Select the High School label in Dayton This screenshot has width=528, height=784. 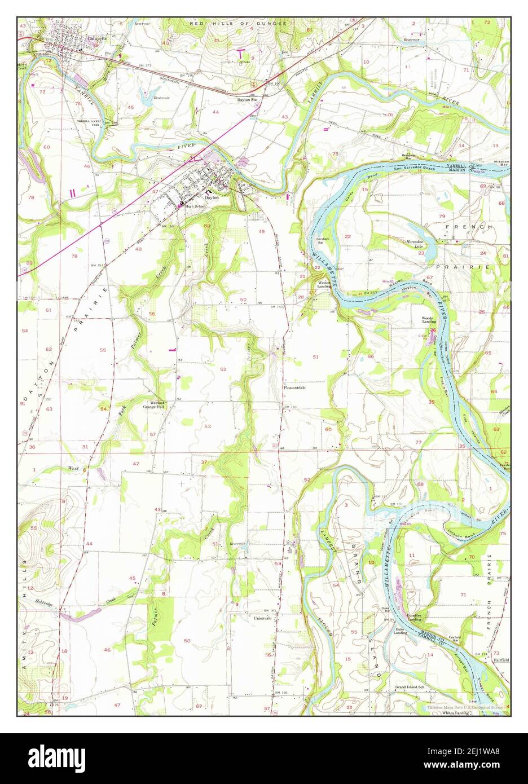[192, 206]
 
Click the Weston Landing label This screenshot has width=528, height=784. [324, 285]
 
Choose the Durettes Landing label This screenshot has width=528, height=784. [415, 617]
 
